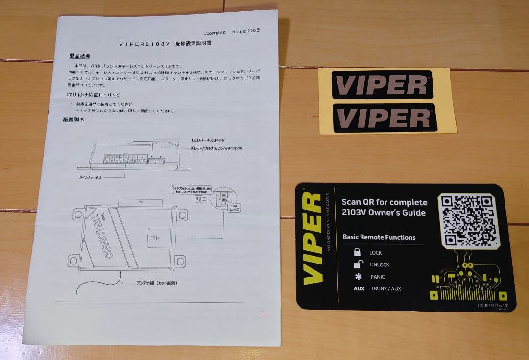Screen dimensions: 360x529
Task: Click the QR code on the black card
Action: [468, 220]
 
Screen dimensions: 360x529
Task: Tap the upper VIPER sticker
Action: [383, 85]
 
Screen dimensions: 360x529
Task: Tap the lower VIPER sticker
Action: [385, 118]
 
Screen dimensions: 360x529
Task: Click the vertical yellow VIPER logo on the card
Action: [312, 239]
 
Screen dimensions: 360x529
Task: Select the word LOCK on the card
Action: [376, 253]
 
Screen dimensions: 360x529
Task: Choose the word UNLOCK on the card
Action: [380, 265]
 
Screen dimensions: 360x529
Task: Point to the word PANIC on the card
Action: [377, 277]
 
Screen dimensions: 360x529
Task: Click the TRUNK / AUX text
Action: [386, 289]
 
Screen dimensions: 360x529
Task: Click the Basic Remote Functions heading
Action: [379, 237]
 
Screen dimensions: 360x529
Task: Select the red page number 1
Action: [264, 313]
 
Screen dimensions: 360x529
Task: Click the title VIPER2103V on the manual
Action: [144, 44]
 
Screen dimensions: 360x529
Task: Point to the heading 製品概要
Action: [80, 56]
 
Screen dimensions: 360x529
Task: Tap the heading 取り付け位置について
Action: [93, 95]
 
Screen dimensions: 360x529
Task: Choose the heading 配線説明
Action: [73, 120]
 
